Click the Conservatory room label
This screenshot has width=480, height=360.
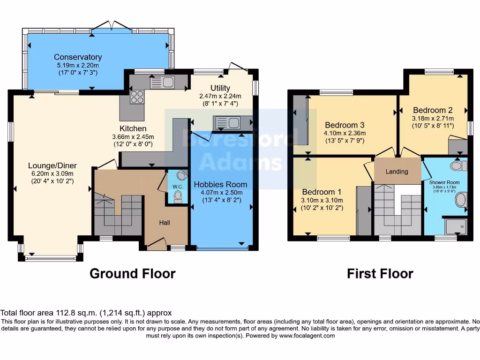pos(78,57)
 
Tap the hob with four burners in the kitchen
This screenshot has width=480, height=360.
pos(137,97)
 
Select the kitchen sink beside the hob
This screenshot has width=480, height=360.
pos(162,82)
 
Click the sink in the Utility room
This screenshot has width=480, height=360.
pos(227,123)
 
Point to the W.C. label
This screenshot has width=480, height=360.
pos(178,187)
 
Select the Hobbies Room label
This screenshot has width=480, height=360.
pos(220,184)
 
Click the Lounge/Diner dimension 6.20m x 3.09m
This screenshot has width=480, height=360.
pos(52,173)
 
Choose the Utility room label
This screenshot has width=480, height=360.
pos(220,88)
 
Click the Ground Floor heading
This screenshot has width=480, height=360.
pos(132,273)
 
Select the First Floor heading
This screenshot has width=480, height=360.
pos(380,273)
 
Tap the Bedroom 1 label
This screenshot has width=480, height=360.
pos(322,192)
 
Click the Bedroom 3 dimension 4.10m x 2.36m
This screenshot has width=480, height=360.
pos(345,133)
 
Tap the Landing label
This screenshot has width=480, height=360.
pos(397,172)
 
